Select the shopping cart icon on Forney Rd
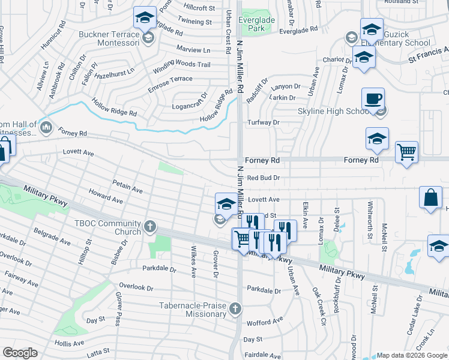point(406,152)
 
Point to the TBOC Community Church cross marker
point(150,227)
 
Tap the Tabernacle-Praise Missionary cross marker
point(235,309)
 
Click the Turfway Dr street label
point(264,122)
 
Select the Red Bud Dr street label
point(264,178)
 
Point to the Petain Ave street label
point(127,185)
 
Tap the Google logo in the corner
point(20,353)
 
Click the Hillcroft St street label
point(199,8)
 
